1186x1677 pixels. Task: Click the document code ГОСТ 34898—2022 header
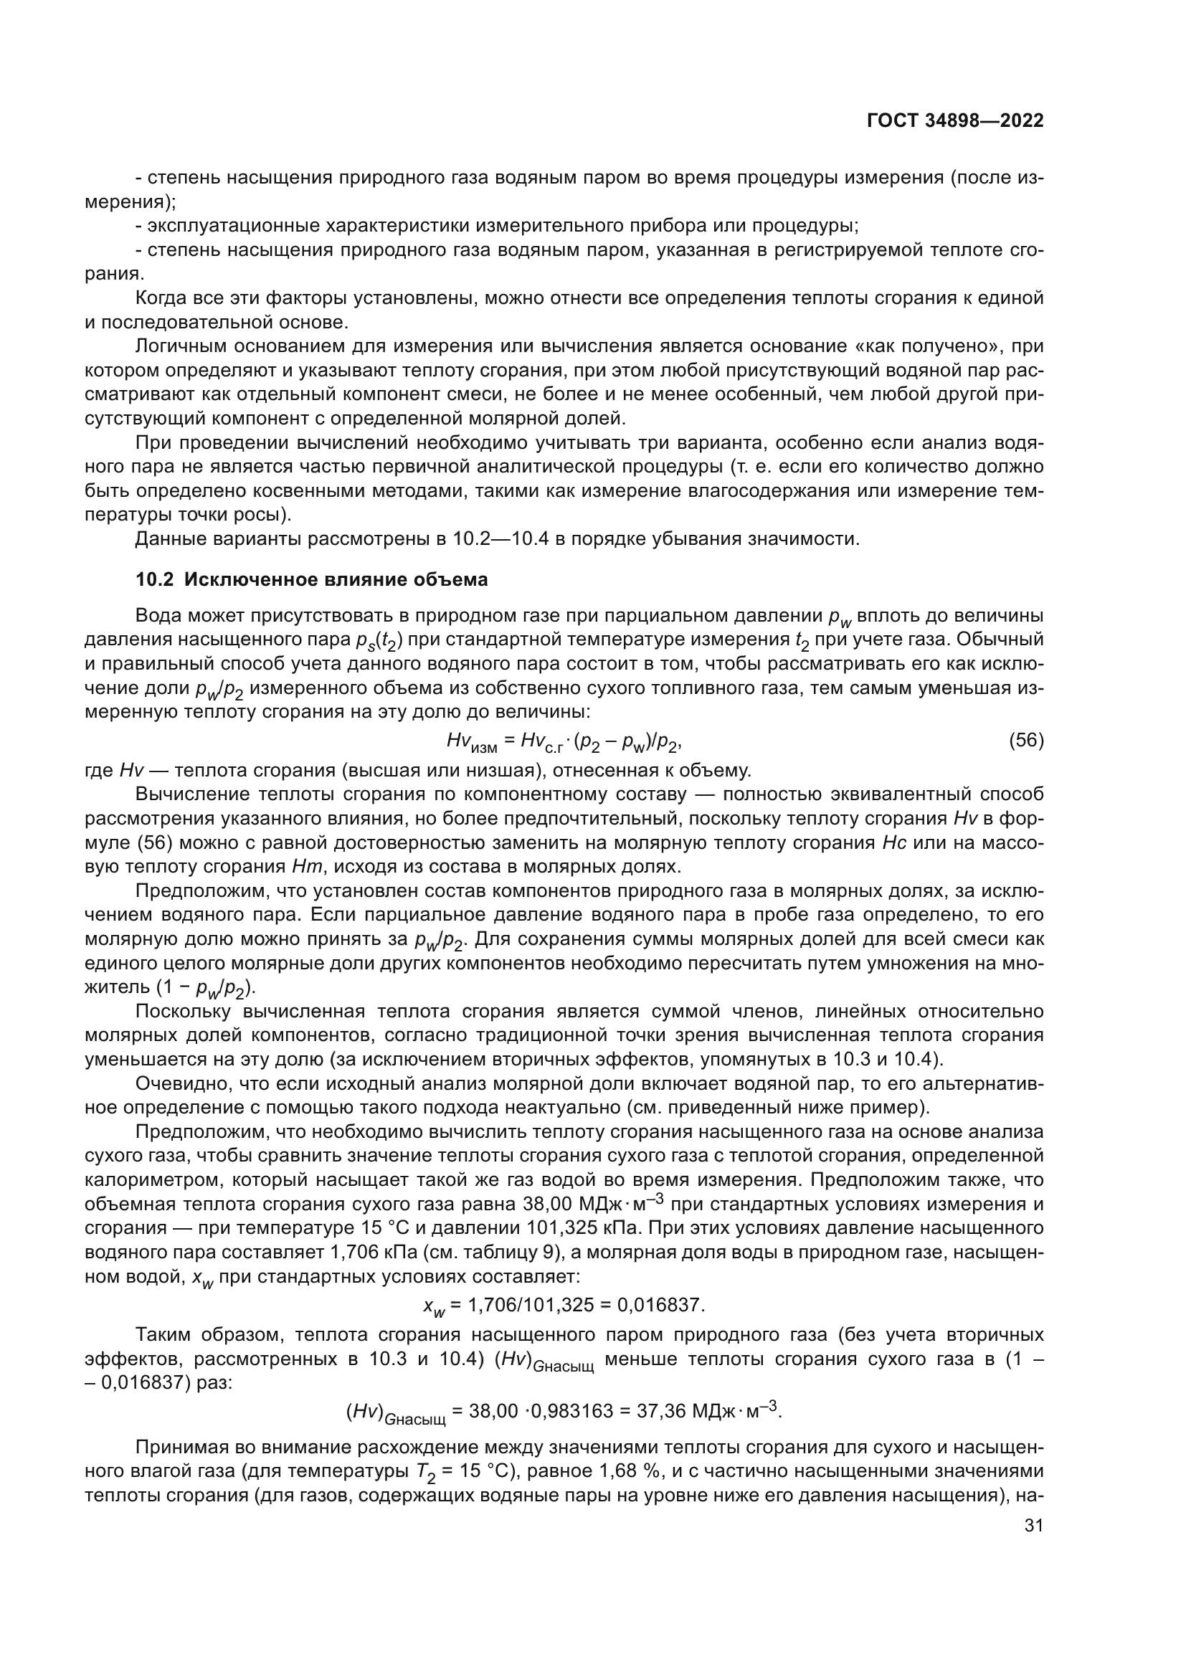954,120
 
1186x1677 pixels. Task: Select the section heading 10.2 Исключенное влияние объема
312,580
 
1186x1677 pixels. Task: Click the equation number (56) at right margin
1026,741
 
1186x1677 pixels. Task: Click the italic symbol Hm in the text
302,867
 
